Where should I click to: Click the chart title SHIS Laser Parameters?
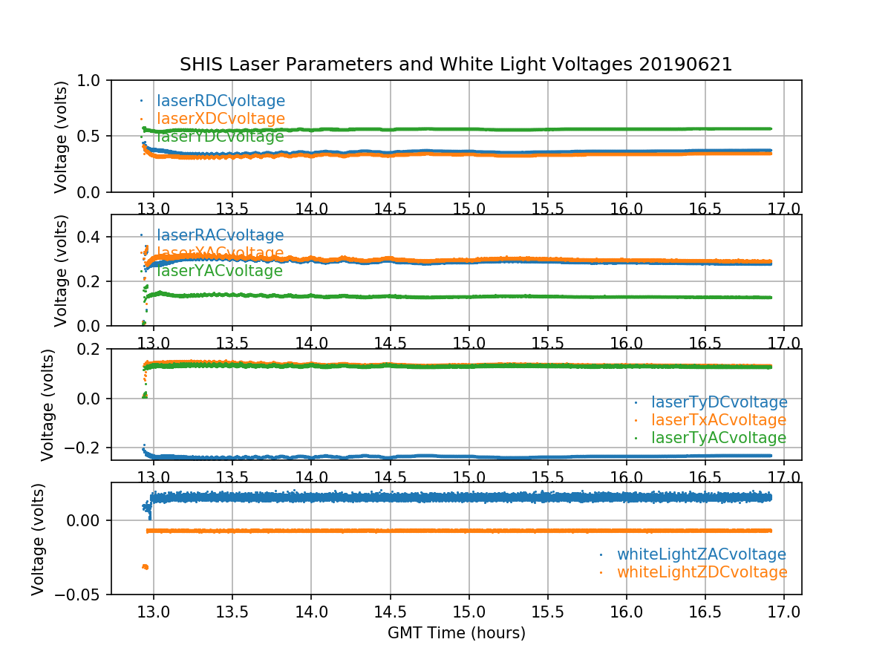click(456, 65)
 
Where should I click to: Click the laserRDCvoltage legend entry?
click(221, 101)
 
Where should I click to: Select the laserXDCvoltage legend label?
click(221, 119)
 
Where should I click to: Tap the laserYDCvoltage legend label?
click(220, 137)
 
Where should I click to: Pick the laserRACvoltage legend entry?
click(220, 235)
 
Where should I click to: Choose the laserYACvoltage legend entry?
click(219, 271)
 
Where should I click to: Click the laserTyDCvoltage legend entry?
click(719, 402)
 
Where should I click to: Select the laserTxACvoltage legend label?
click(718, 420)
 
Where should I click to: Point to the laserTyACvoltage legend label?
click(718, 438)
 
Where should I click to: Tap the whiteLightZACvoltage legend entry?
click(701, 554)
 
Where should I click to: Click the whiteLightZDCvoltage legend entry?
click(702, 572)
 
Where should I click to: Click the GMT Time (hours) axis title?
click(456, 633)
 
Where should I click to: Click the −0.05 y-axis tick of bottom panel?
click(77, 595)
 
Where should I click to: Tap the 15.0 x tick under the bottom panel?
click(469, 612)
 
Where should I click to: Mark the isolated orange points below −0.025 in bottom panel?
click(145, 566)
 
